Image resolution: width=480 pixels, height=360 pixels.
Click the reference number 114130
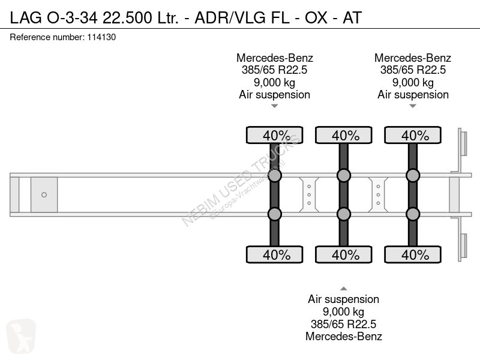101,37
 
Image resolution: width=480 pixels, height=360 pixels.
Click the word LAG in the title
26,17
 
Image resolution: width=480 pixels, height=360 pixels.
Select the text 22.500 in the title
127,17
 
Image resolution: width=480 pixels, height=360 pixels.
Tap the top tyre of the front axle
275,135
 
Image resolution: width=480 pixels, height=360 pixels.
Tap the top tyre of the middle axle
344,135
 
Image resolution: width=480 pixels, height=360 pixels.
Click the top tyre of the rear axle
413,135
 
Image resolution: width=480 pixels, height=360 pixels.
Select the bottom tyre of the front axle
275,254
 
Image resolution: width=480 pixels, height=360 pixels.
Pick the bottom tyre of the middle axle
344,254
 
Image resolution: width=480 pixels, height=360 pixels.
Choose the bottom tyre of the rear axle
413,254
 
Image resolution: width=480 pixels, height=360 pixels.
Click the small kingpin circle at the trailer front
44,194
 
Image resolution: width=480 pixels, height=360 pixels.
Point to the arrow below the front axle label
275,106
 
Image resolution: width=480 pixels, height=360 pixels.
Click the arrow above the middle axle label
344,289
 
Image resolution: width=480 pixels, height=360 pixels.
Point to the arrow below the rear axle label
413,106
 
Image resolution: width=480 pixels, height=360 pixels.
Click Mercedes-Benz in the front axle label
275,58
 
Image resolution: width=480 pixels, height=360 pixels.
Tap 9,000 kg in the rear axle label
413,82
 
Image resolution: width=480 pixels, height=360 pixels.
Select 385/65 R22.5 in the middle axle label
343,324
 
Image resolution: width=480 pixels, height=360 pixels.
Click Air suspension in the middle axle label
343,299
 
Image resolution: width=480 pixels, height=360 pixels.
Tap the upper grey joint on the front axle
275,175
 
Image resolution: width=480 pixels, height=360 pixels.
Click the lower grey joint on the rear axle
413,214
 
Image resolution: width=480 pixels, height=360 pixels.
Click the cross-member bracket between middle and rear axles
378,194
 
